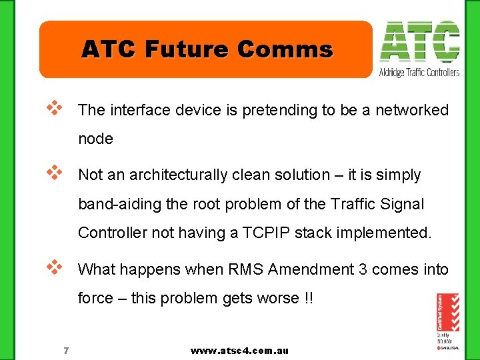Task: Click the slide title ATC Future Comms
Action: pyautogui.click(x=207, y=49)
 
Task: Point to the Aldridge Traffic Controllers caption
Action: pyautogui.click(x=419, y=72)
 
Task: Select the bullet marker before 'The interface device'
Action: pyautogui.click(x=54, y=107)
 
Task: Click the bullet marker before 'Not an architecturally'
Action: pyautogui.click(x=54, y=171)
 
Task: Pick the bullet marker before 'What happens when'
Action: pyautogui.click(x=54, y=266)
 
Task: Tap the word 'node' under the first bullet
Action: pyautogui.click(x=96, y=139)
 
